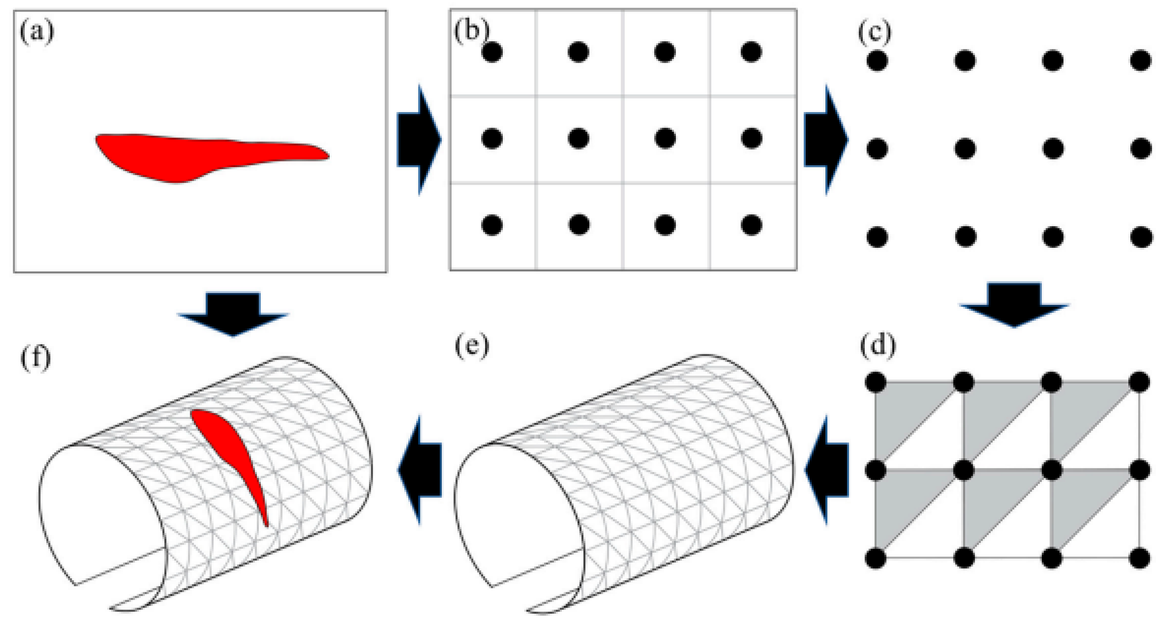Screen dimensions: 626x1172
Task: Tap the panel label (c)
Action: (x=874, y=32)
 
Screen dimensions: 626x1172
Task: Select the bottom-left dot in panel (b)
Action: (x=492, y=225)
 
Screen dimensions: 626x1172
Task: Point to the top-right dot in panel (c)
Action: (x=1141, y=60)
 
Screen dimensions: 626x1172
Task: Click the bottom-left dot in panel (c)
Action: (x=877, y=236)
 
